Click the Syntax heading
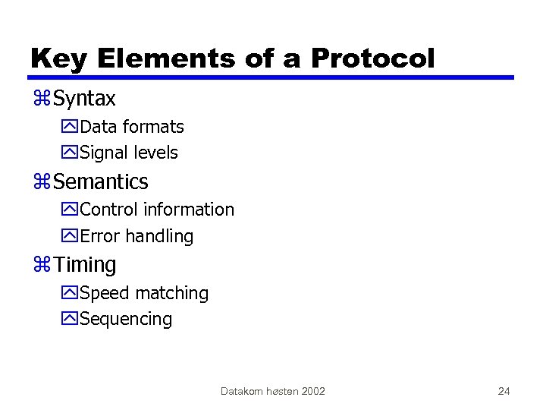[84, 99]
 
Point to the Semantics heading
[101, 182]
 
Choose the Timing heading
[85, 265]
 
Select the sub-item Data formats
[131, 127]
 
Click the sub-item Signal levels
[128, 153]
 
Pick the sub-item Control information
[156, 210]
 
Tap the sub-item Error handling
[136, 236]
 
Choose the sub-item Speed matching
[143, 293]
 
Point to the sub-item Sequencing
[125, 319]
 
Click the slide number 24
[504, 391]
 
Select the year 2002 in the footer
[312, 391]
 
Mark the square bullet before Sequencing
[71, 320]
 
